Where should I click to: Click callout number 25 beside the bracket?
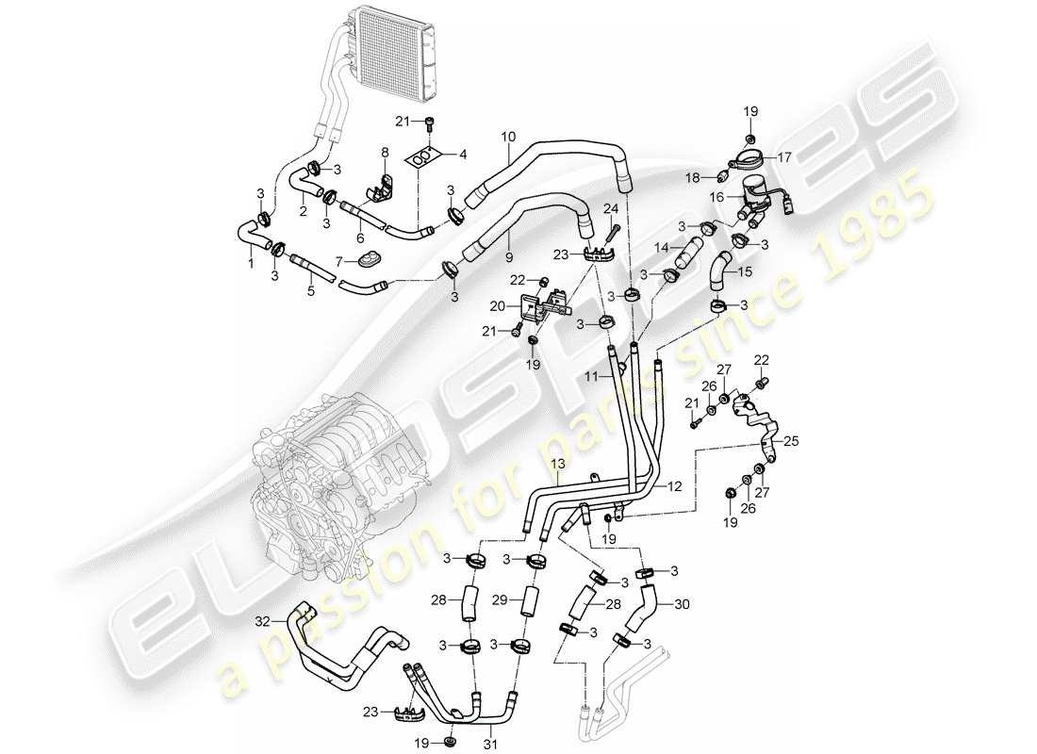coord(789,440)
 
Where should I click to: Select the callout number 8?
coord(385,152)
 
